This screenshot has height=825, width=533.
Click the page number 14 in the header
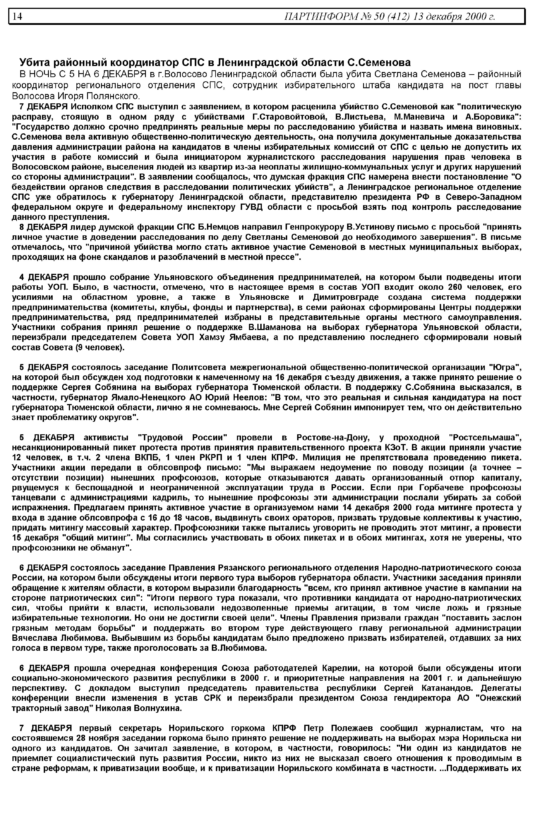[x=17, y=16]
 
